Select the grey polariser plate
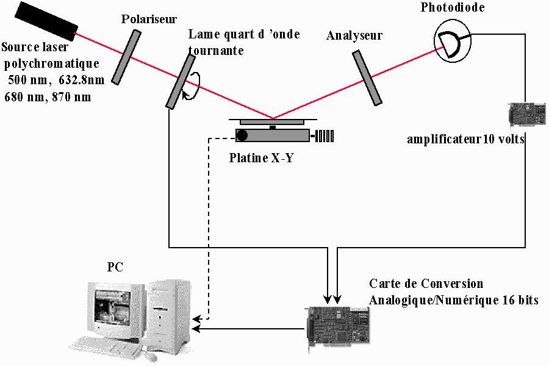click(x=126, y=57)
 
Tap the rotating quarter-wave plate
click(x=181, y=82)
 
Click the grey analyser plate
click(x=367, y=77)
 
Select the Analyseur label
click(x=354, y=35)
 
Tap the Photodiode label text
click(x=453, y=7)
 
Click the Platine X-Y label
click(x=261, y=157)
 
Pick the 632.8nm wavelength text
click(x=82, y=80)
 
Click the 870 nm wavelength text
click(x=72, y=96)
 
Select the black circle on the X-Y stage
click(x=242, y=135)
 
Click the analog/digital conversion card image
click(x=338, y=329)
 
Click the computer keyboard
click(x=105, y=346)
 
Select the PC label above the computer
click(x=115, y=267)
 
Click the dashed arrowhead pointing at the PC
click(x=197, y=319)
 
